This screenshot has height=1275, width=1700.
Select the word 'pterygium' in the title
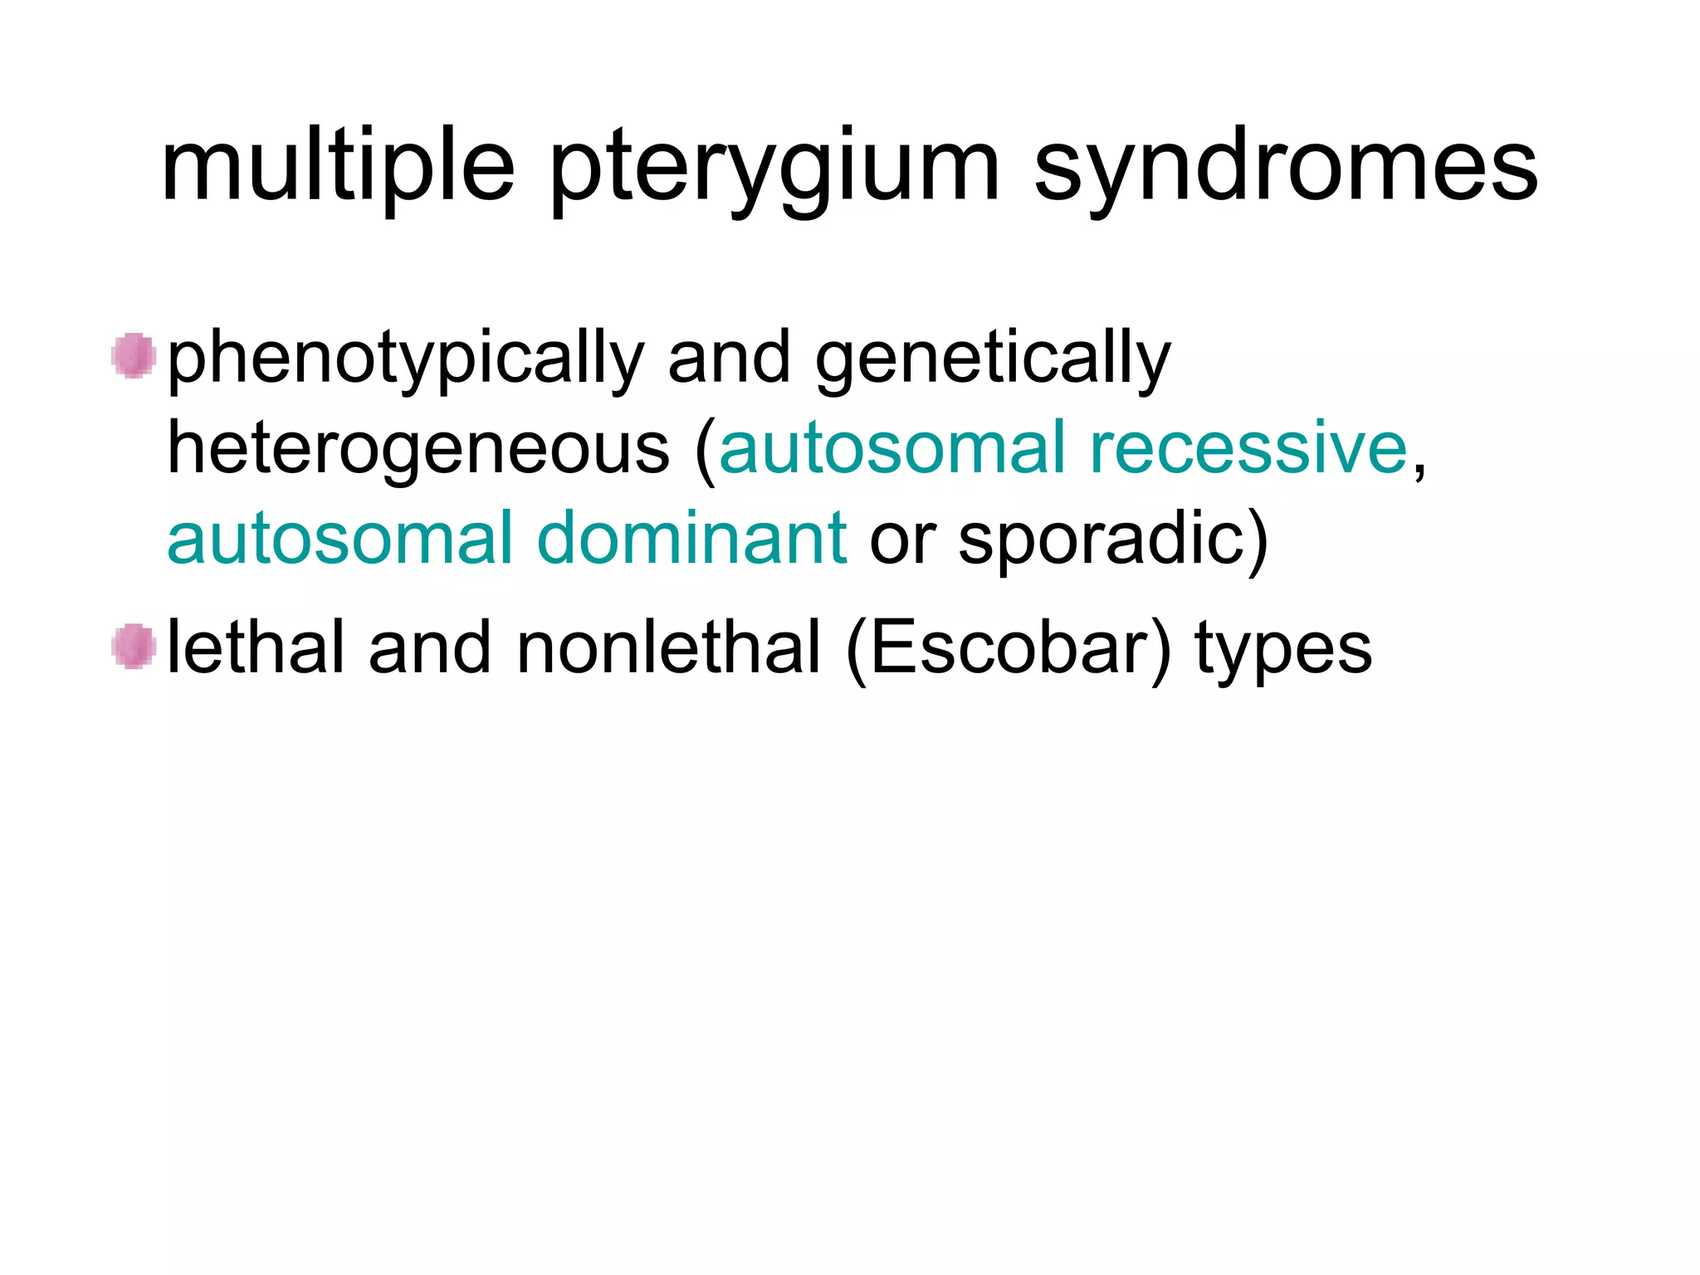coord(774,170)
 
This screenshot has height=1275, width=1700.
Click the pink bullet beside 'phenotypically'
coord(134,356)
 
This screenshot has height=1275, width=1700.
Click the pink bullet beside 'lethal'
coord(134,647)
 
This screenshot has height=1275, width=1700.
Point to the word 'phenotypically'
coord(406,359)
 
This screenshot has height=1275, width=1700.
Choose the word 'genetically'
coord(993,359)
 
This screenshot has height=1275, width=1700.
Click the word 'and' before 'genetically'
coord(730,358)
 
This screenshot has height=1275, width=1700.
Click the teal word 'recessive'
coord(1248,447)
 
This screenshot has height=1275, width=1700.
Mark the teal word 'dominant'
coord(692,538)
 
